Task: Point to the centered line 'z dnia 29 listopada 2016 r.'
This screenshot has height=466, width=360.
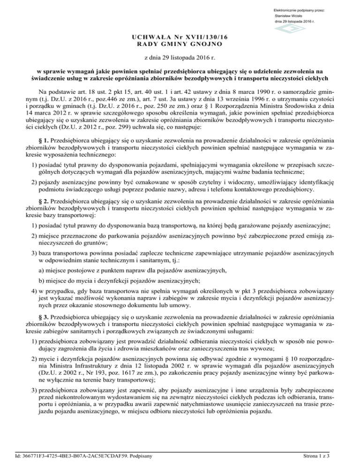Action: [x=180, y=60]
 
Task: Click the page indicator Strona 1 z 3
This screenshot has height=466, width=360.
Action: [x=330, y=455]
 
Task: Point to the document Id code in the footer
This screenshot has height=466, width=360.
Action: [x=78, y=455]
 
